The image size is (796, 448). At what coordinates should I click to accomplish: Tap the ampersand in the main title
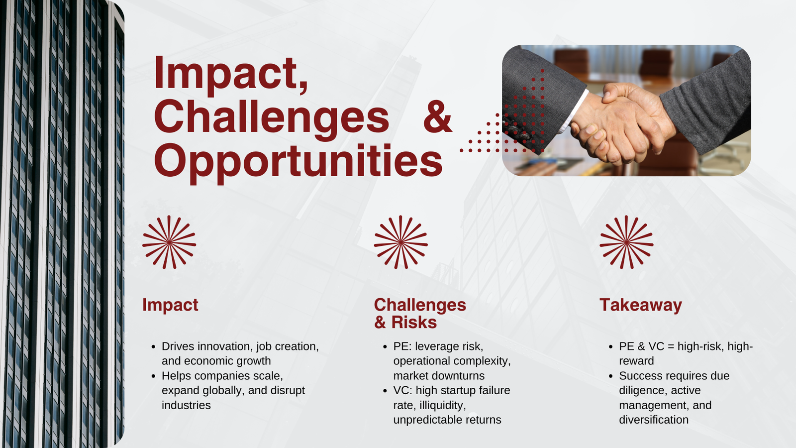click(437, 117)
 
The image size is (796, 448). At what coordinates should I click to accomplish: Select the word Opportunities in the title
click(298, 162)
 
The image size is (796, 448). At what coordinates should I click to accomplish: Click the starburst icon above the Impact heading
click(169, 242)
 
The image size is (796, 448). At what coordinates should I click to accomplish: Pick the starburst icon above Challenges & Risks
click(401, 242)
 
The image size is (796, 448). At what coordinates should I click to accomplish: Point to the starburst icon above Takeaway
click(626, 242)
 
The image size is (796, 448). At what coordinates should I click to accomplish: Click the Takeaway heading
click(641, 305)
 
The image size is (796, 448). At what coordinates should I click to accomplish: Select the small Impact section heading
click(170, 305)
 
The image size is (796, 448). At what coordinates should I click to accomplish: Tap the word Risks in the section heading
click(414, 322)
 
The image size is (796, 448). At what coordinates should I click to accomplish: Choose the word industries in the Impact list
click(186, 405)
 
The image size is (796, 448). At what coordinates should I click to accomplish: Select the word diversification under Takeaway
click(654, 420)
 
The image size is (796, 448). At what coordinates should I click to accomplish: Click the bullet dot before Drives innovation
click(154, 346)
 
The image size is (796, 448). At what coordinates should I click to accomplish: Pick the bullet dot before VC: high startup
click(385, 391)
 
